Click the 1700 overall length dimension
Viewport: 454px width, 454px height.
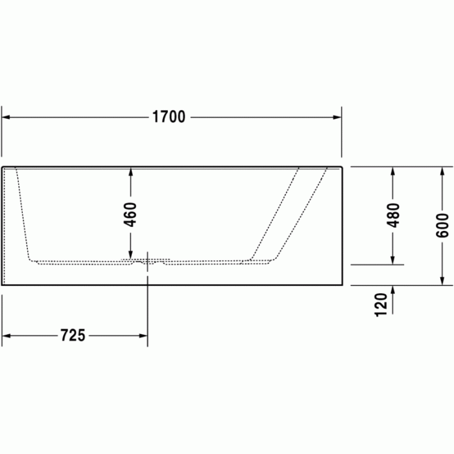pos(169,117)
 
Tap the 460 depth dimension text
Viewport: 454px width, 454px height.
pos(130,215)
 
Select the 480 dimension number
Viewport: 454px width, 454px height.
pos(393,215)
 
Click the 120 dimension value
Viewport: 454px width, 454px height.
pos(381,304)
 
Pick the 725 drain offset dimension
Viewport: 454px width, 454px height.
pos(73,335)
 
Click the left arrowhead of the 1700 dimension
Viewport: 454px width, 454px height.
pos(6,117)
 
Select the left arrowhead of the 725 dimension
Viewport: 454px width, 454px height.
pos(6,335)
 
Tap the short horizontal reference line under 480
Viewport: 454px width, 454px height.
pos(377,265)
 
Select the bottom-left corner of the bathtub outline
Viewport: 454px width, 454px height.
pos(3,284)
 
